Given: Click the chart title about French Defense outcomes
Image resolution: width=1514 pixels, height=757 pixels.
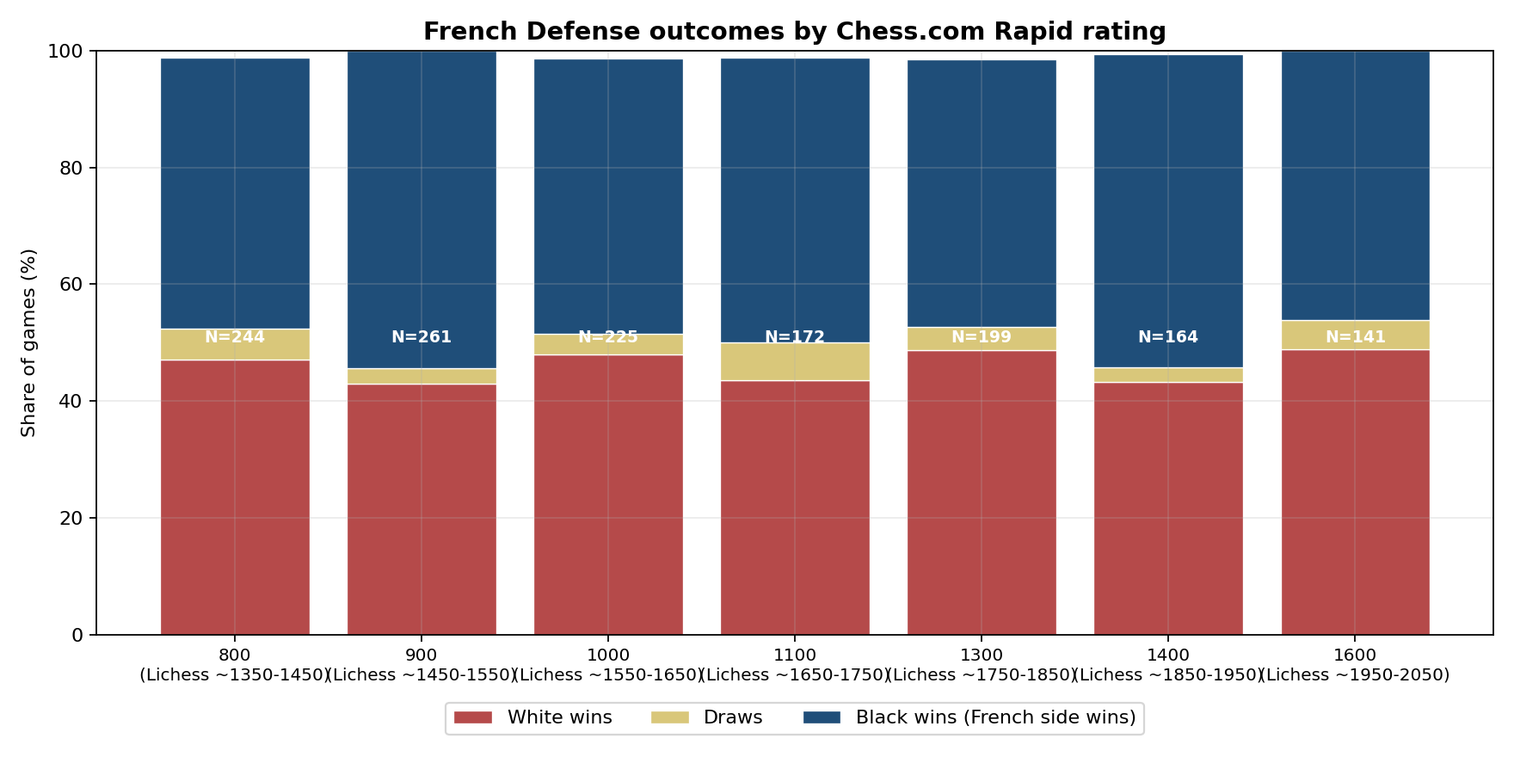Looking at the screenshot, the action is point(794,32).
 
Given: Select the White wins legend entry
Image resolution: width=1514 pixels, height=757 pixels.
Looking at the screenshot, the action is point(533,717).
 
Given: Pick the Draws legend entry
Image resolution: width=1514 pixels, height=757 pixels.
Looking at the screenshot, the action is point(706,717).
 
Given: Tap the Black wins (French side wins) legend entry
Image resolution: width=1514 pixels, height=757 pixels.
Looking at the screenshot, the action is point(969,717).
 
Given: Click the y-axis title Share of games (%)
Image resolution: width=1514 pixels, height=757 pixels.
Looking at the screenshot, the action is point(28,342).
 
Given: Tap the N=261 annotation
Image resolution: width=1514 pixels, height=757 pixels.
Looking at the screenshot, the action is point(422,337).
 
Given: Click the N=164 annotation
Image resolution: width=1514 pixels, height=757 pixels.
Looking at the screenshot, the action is point(1168,337).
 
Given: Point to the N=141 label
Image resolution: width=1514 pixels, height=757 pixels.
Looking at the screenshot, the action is point(1356,337).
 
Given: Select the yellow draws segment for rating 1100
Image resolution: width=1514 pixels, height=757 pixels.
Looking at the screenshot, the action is point(795,361).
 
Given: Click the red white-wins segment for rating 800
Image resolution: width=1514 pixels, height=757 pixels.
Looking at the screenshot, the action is point(235,497).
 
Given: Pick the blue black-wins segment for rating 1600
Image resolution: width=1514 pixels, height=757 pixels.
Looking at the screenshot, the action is point(1356,186).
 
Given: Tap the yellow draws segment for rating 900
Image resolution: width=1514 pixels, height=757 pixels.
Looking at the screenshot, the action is point(422,376).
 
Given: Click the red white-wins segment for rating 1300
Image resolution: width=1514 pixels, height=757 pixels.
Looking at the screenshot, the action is point(982,492).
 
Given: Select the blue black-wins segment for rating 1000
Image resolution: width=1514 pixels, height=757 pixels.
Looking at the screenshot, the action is point(608,196).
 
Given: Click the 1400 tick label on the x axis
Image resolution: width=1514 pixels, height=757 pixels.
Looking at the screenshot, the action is point(1168,655).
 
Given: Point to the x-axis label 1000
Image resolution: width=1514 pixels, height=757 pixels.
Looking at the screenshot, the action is point(608,655).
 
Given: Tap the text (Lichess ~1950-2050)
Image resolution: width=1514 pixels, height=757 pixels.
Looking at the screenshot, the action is point(1356,675).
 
